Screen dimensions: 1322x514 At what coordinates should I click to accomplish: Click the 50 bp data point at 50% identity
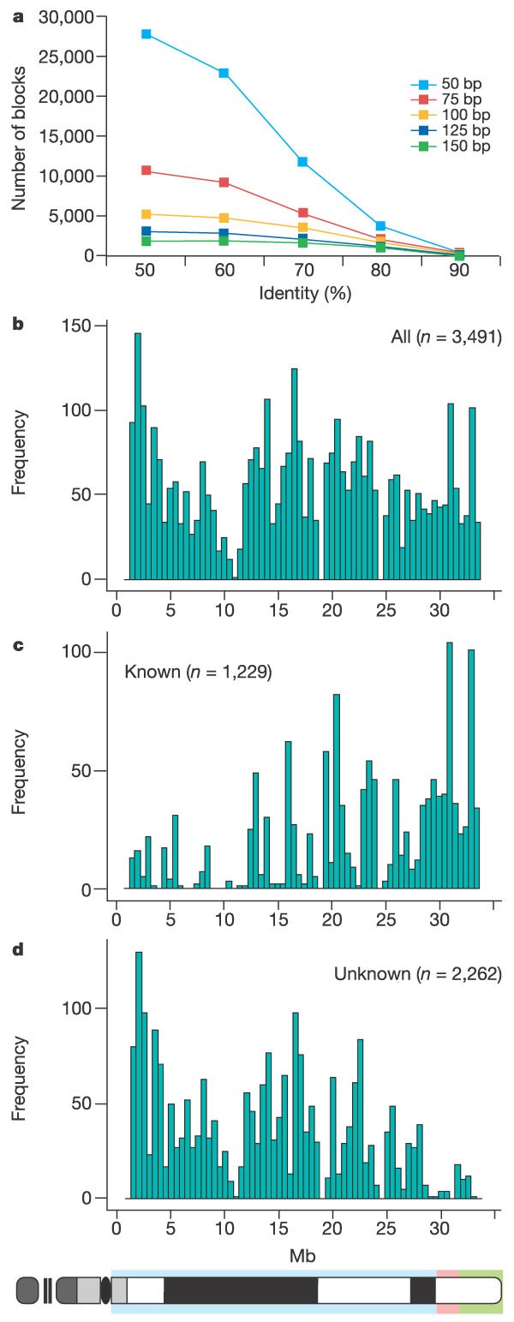(146, 34)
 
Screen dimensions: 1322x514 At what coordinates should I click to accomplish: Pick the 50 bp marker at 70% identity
(302, 162)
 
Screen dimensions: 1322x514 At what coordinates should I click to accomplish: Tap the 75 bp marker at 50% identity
(146, 170)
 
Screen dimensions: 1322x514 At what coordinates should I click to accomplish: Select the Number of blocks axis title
(19, 136)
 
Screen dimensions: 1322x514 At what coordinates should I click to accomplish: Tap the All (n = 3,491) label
(445, 338)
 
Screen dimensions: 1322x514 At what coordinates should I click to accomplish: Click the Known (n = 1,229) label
(199, 673)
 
